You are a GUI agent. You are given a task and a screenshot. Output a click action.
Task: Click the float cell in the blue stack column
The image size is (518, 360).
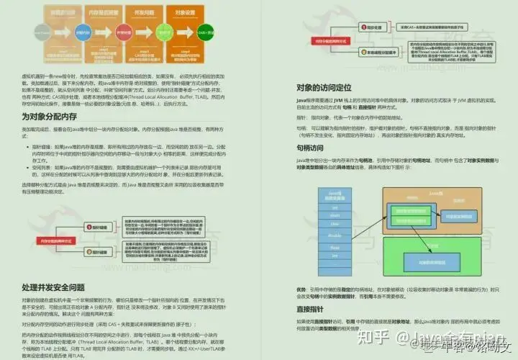333,244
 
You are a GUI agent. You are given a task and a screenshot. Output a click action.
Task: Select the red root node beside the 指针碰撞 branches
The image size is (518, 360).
51,240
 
